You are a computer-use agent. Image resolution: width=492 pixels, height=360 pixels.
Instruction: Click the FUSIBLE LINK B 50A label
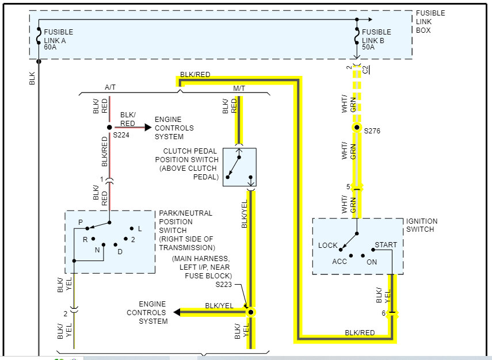376,40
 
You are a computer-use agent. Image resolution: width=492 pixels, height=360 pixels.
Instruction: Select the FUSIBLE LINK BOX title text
430,22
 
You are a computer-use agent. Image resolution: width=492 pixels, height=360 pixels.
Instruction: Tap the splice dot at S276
357,127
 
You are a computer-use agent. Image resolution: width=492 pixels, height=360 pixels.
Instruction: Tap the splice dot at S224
109,127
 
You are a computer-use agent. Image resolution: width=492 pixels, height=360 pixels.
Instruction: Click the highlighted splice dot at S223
250,312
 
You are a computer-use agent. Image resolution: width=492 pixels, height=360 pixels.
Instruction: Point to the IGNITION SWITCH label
422,225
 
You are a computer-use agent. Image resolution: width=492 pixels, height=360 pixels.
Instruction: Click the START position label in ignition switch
386,244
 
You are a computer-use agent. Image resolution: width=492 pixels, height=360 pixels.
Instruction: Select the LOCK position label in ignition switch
327,246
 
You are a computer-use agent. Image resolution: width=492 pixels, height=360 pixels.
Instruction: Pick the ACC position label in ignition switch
340,261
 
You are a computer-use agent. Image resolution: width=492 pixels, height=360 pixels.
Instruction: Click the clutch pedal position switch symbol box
239,167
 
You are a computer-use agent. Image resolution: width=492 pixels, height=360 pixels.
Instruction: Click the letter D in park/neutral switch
120,251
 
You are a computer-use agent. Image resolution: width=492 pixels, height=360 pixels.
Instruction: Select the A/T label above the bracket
110,87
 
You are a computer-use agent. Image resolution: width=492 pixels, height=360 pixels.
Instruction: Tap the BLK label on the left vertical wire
32,79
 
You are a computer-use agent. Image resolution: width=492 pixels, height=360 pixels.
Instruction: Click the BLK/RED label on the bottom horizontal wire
360,332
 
